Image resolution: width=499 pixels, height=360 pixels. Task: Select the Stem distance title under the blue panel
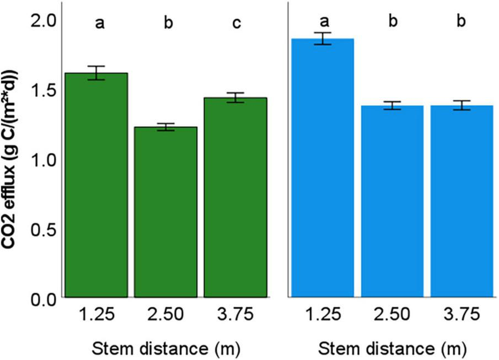click(393, 347)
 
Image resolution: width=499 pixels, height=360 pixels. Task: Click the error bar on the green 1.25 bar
click(96, 73)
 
